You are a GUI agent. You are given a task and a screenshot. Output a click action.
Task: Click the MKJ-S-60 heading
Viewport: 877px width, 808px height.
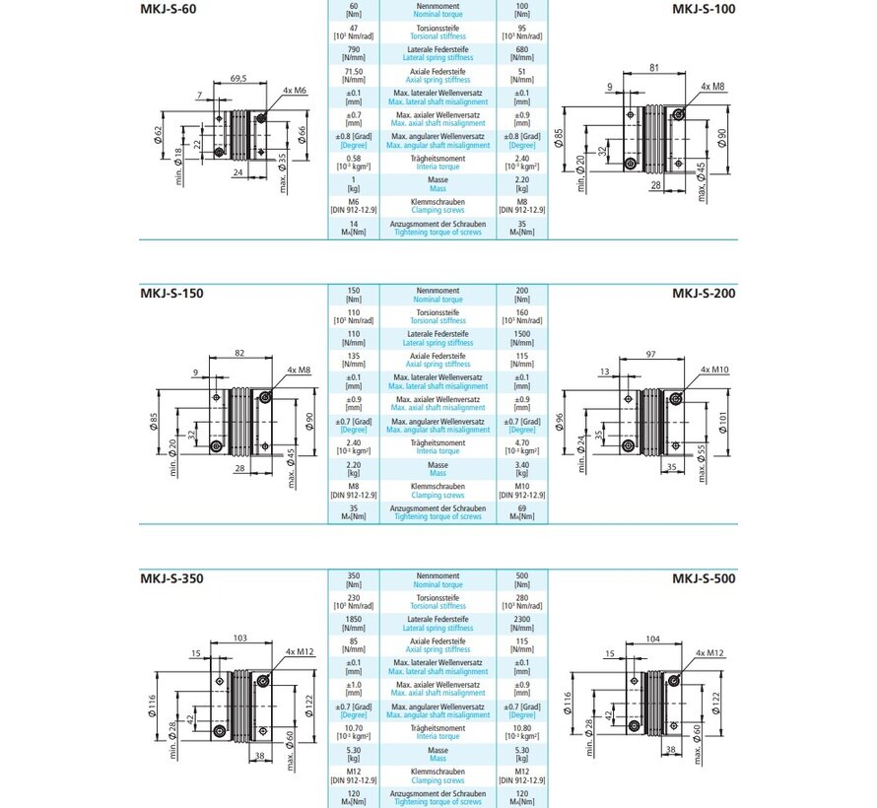click(169, 10)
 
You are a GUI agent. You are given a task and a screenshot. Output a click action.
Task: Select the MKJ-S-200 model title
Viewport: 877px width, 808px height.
click(705, 293)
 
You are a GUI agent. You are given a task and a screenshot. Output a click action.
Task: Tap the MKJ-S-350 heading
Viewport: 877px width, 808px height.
click(172, 578)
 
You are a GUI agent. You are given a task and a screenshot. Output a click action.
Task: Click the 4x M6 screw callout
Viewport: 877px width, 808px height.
click(294, 91)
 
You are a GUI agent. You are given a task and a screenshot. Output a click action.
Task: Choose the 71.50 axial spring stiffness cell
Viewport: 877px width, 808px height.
click(354, 72)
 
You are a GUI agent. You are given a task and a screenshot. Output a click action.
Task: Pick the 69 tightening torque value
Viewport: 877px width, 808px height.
click(521, 508)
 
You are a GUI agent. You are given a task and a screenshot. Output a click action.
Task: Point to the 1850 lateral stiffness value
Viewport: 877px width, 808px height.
click(354, 619)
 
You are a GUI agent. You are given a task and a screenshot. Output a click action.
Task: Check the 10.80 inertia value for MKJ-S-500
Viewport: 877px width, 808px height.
click(521, 728)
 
